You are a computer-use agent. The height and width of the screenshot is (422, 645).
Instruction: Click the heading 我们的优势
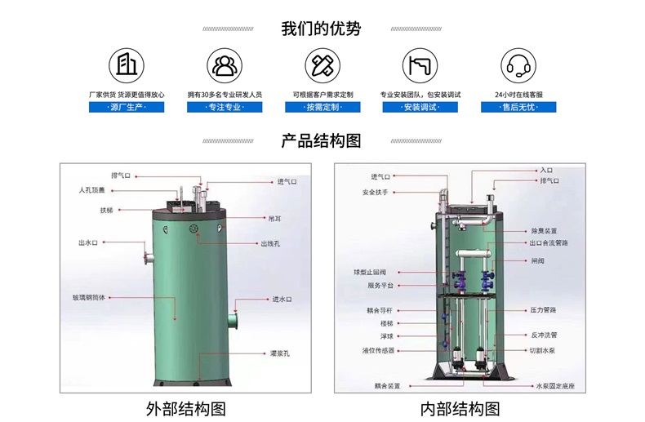321,29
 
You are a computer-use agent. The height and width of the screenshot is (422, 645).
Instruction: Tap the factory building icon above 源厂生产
126,64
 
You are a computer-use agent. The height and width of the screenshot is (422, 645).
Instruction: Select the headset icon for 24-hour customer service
518,64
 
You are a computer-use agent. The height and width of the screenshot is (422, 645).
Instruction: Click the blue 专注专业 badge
225,107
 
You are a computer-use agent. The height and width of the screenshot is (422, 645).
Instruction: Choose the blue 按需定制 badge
322,107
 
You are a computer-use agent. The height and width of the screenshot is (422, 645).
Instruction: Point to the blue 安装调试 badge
420,107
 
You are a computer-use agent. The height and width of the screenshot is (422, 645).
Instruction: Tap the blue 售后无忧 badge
518,107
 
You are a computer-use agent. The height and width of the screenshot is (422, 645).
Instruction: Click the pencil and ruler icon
322,64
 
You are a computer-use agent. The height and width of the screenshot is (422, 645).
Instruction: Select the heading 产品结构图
321,140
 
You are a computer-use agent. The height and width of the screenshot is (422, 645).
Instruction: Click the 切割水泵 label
543,350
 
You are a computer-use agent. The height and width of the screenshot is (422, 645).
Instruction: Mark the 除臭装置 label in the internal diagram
543,230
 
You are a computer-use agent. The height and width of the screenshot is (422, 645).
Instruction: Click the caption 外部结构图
185,408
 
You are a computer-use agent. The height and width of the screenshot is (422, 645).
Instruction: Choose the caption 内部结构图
460,408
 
